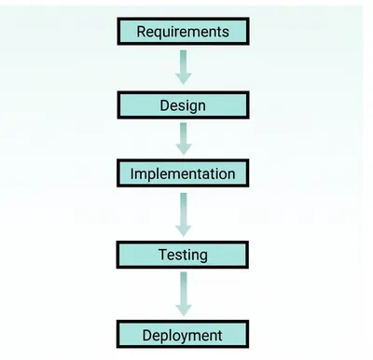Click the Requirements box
tap(183, 32)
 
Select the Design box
tap(183, 105)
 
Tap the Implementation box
tap(183, 173)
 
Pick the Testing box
tap(183, 254)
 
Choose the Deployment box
tap(183, 334)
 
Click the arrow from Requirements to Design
tap(183, 65)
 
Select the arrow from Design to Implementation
tap(183, 138)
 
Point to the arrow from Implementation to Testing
tap(183, 213)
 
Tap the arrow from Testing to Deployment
tap(183, 293)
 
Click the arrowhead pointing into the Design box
tap(183, 78)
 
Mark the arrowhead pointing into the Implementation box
tap(183, 148)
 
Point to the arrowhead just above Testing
tap(183, 228)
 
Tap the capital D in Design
tap(163, 105)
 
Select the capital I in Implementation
tap(133, 173)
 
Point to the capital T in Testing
tap(161, 254)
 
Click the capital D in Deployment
tap(147, 334)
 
